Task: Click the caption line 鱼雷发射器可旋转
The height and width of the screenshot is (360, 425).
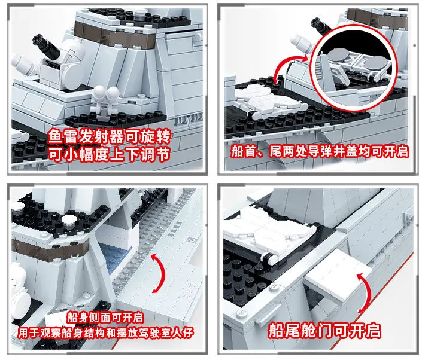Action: point(110,136)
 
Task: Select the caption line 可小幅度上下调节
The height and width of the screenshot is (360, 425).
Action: point(110,154)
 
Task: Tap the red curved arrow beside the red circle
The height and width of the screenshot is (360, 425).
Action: point(290,68)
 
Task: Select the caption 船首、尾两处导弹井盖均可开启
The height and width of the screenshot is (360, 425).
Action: point(320,151)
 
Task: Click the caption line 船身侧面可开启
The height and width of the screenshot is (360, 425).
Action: point(105,318)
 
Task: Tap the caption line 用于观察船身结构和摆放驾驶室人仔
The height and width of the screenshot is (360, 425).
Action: point(106,332)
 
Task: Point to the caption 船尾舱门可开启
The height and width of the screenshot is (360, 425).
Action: point(324,331)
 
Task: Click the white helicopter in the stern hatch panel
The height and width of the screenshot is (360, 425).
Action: point(268,233)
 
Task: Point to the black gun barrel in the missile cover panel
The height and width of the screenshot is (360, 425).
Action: point(321,25)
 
